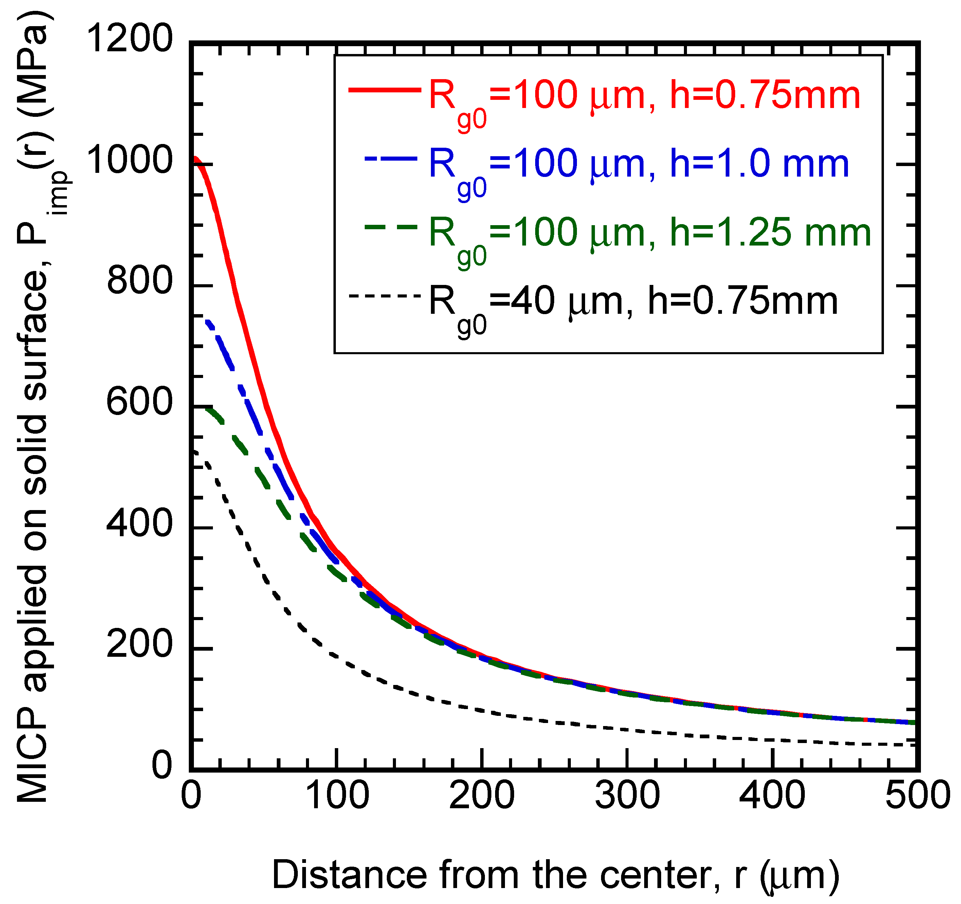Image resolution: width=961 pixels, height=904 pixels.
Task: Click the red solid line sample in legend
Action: [384, 90]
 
